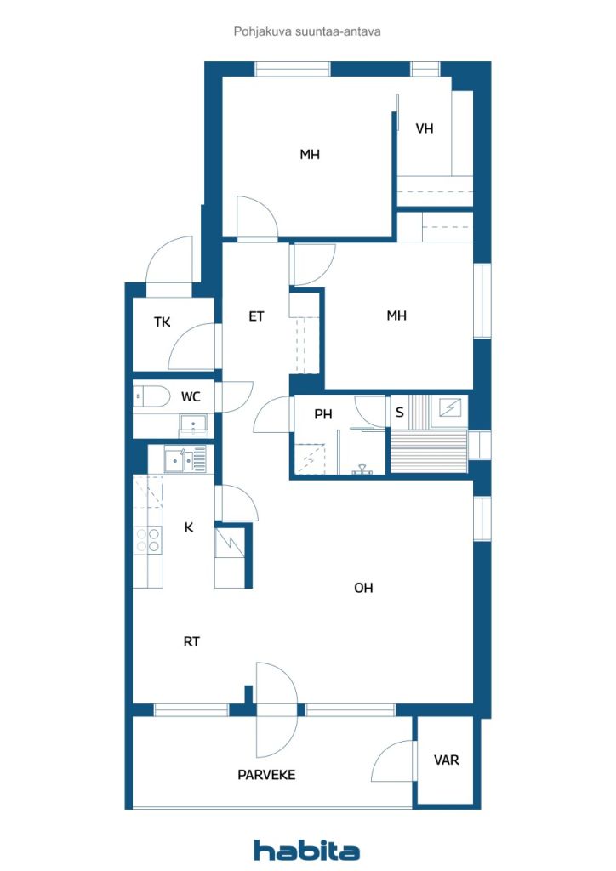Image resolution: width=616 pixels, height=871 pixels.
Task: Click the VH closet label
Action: tap(425, 128)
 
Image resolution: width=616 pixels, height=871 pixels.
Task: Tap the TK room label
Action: tap(163, 322)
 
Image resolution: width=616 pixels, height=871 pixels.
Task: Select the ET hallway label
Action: tap(256, 316)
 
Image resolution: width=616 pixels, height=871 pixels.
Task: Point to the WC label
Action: tap(191, 397)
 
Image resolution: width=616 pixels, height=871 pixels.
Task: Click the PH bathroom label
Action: tap(323, 414)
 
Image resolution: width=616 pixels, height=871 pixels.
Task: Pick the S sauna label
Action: tap(399, 413)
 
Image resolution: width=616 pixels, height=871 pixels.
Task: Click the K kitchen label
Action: tap(189, 527)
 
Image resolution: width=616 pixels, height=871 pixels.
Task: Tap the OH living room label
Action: tap(363, 588)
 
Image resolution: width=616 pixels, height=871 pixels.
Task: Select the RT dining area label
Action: tap(191, 641)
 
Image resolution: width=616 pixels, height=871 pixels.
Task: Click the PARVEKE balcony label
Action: tap(266, 775)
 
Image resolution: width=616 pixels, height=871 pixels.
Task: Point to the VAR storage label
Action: tap(447, 760)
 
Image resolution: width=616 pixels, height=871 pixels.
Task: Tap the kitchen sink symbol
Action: tap(185, 460)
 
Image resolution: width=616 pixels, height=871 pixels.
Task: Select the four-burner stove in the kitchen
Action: tap(148, 540)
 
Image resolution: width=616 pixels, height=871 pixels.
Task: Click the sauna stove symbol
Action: tap(450, 408)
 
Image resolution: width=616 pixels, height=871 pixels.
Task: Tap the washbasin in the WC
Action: tap(193, 425)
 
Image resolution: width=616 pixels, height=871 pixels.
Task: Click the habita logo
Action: tap(306, 850)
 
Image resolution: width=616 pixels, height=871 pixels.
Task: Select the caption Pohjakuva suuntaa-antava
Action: tap(307, 31)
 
